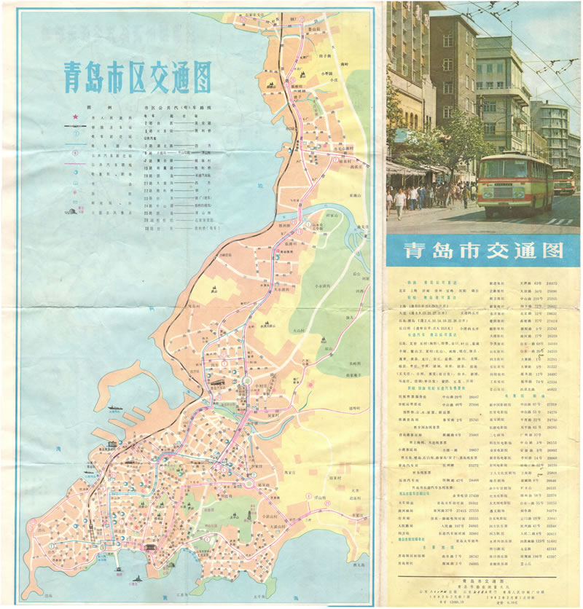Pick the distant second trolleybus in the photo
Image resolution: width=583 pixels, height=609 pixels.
point(564,181)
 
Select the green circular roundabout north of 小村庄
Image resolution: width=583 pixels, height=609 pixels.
point(247,380)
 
